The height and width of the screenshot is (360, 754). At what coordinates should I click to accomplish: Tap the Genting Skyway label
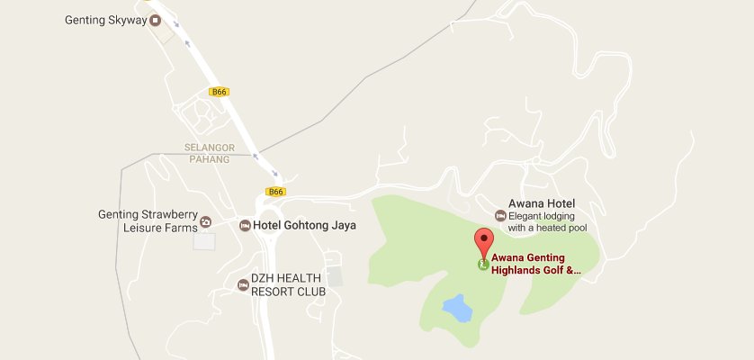[x=105, y=19]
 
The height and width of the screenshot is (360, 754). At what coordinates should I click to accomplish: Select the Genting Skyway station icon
[x=155, y=19]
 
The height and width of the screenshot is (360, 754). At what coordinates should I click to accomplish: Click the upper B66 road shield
[x=218, y=92]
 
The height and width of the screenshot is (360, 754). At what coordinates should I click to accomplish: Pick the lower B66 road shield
[x=275, y=191]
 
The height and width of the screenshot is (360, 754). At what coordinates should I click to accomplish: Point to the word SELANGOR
[x=210, y=147]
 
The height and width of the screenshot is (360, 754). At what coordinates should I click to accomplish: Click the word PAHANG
[x=210, y=159]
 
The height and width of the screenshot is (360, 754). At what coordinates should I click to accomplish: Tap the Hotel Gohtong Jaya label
[x=304, y=225]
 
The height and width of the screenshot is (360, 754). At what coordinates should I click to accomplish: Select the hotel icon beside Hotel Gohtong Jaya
[x=245, y=225]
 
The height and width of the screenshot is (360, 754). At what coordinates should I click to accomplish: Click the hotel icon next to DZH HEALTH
[x=242, y=285]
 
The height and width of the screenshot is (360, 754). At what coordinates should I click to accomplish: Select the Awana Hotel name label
[x=542, y=203]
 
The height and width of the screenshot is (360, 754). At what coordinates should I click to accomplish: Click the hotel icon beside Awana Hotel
[x=500, y=214]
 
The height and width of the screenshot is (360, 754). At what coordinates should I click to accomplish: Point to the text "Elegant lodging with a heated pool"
[x=547, y=222]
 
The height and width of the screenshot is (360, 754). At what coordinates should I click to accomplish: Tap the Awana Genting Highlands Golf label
[x=536, y=263]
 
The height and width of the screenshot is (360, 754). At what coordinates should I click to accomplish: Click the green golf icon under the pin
[x=483, y=265]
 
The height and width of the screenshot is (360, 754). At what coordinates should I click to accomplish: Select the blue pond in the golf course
[x=457, y=309]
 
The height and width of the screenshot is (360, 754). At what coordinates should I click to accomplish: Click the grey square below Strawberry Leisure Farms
[x=205, y=241]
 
